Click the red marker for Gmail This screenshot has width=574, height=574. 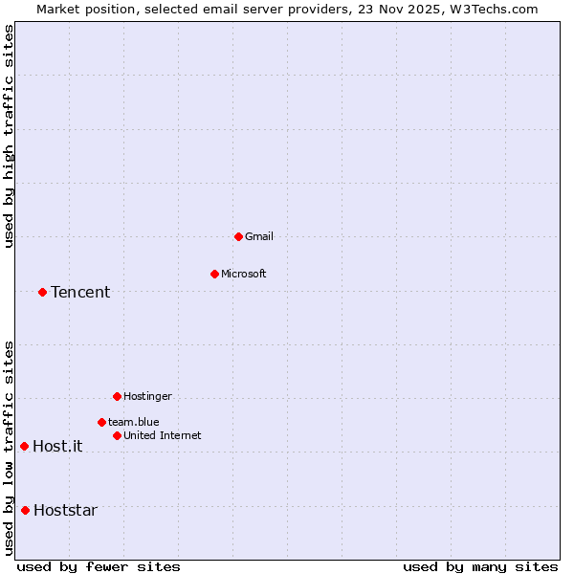pos(238,236)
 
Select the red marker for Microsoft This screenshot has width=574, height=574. pos(214,274)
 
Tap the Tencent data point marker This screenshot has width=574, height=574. pos(42,292)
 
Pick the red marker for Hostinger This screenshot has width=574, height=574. pos(117,396)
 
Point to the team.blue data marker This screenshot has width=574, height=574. pos(101,422)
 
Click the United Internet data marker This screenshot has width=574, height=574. pos(117,435)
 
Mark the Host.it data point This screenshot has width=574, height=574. pos(24,446)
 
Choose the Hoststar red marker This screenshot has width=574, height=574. pos(25,510)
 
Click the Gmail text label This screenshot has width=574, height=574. pos(259,236)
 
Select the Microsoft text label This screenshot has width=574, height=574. pos(244,274)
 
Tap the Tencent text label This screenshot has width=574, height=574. pos(80,292)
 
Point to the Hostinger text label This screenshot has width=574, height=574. pos(147,396)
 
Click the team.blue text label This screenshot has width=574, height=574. pos(133,422)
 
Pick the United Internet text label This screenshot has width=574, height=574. pos(162,435)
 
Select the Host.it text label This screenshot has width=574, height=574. pos(57,446)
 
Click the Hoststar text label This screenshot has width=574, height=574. pos(65,510)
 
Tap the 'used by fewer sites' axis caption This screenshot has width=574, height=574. pos(99,566)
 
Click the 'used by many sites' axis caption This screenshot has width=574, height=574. pos(480,566)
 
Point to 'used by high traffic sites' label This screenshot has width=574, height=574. pos(9,136)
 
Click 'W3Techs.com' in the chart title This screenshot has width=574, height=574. pos(493,9)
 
